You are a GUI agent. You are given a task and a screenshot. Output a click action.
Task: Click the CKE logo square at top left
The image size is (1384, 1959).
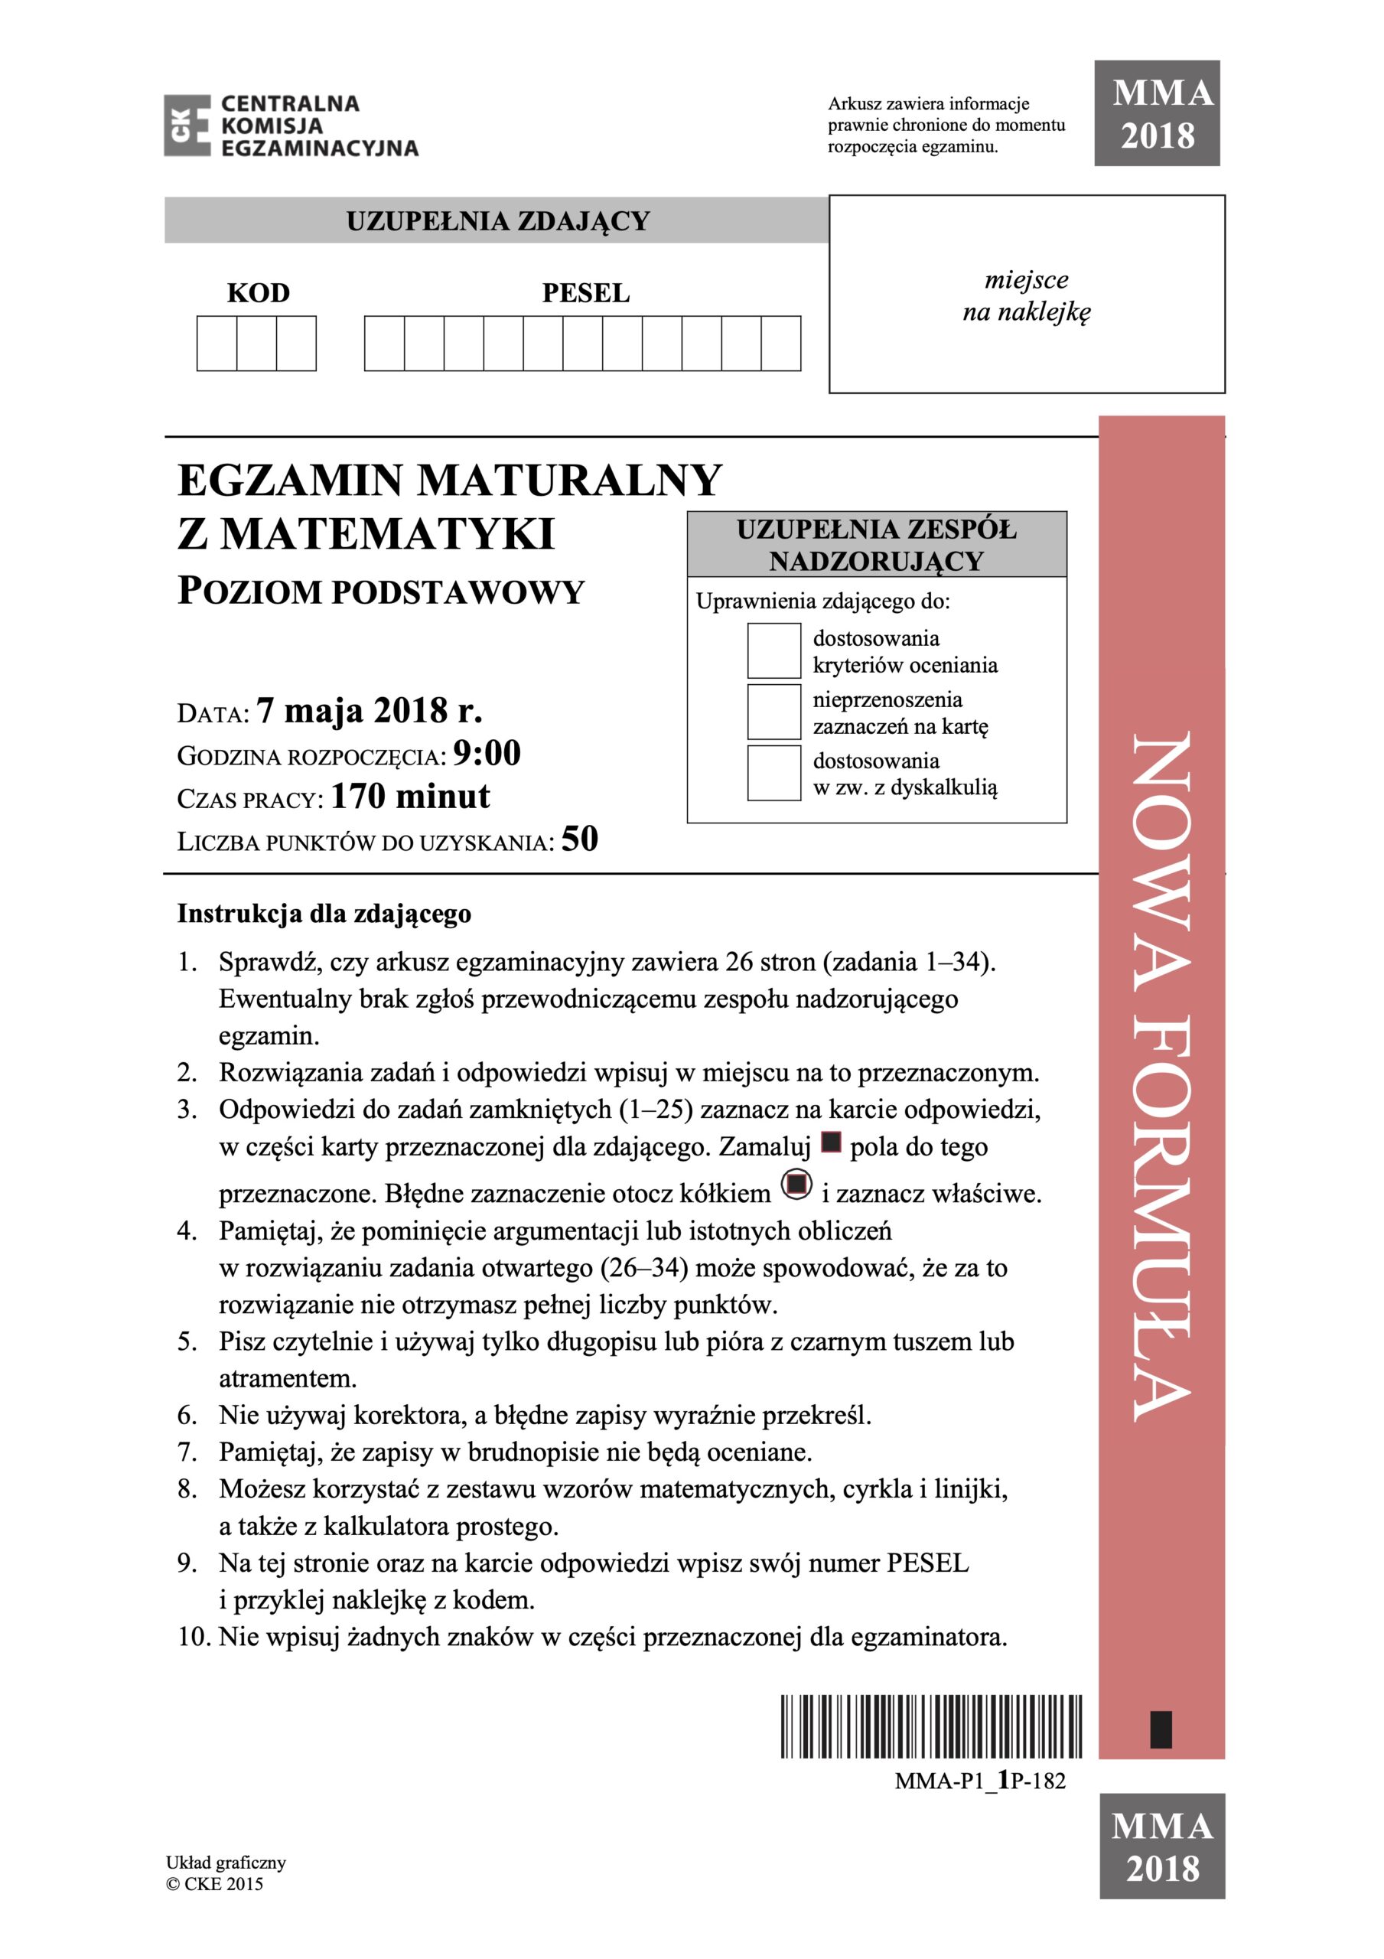pos(187,125)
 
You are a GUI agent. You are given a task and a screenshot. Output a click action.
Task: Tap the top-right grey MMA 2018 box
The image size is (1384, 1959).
pos(1156,113)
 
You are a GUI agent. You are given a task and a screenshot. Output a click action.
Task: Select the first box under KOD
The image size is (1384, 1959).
pos(217,343)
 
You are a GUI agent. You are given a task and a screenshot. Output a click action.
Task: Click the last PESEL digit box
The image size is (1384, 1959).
pos(780,343)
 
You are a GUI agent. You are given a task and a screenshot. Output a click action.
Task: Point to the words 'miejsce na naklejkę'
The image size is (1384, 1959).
pos(1027,295)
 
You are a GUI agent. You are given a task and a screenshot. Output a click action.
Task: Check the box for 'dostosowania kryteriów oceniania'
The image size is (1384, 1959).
pos(773,650)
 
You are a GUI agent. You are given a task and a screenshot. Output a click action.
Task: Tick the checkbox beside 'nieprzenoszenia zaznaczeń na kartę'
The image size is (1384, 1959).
pos(773,712)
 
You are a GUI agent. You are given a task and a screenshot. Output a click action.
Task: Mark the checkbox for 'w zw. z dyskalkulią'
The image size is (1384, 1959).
pos(773,772)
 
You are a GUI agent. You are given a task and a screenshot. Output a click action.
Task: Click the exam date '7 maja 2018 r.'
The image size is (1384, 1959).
pos(370,710)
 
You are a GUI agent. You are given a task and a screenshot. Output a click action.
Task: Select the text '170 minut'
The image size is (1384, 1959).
pos(410,796)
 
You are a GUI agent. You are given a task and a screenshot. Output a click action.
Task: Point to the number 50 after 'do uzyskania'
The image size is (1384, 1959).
pos(579,839)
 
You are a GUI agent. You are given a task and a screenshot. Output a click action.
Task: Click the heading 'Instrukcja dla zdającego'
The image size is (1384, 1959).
pos(324,914)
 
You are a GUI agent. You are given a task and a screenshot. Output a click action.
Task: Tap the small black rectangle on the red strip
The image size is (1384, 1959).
pos(1161,1729)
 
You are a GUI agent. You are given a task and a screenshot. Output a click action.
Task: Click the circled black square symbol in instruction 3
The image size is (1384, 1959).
pos(796,1185)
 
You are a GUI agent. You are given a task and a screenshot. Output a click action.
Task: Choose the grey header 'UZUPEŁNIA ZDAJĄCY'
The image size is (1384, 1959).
pos(497,221)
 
